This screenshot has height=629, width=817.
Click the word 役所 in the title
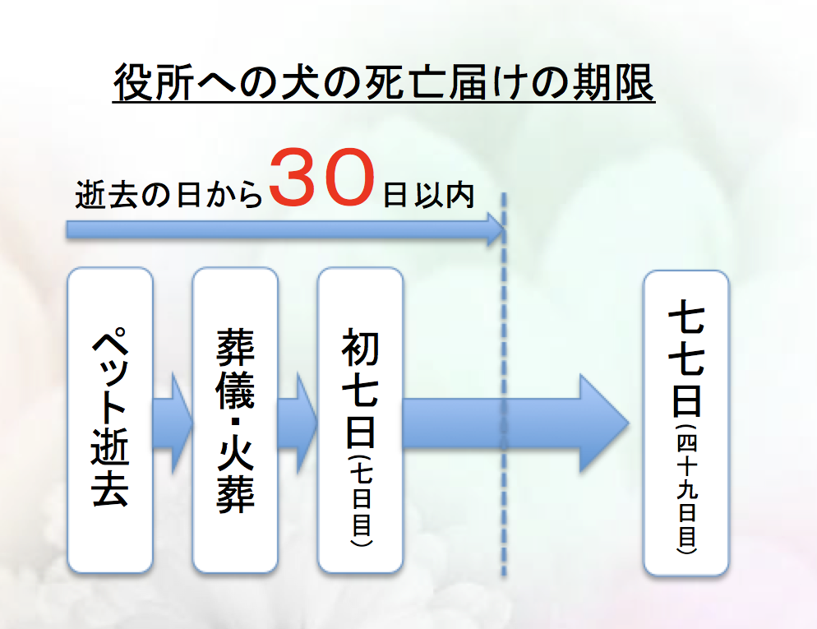(155, 82)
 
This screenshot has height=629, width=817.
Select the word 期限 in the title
(613, 82)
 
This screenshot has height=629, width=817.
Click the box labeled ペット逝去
(110, 420)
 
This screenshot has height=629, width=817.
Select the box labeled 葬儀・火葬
(235, 420)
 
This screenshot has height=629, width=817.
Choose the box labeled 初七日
(360, 420)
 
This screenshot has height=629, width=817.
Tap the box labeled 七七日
(685, 423)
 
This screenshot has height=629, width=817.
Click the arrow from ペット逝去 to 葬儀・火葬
(173, 423)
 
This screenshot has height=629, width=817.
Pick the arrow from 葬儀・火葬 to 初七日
(298, 423)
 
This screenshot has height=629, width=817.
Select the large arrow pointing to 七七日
(516, 423)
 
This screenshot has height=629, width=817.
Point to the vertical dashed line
(504, 384)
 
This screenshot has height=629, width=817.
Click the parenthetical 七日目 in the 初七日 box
(361, 500)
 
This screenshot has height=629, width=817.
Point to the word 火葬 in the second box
(235, 476)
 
